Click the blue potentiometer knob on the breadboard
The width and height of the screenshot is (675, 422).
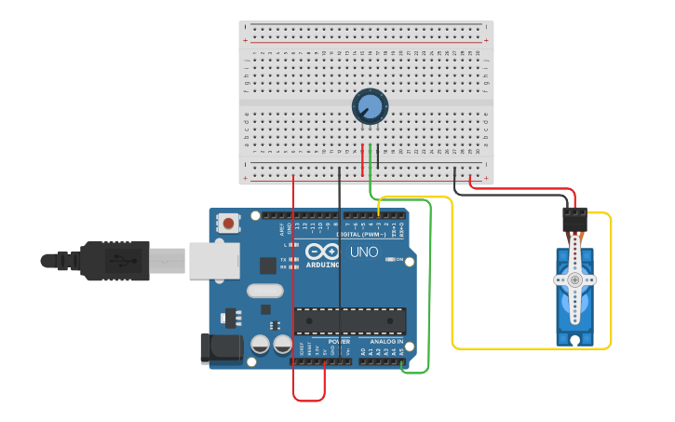(x=370, y=106)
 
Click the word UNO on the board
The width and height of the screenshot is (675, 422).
(x=363, y=252)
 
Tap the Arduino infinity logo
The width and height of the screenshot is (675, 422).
(x=321, y=252)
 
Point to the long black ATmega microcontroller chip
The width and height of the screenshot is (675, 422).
(x=350, y=320)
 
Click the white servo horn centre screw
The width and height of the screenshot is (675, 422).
(x=574, y=279)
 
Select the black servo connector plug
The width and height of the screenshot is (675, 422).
(x=574, y=220)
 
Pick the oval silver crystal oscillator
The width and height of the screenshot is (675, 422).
(x=264, y=291)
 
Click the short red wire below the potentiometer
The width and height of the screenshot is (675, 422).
(x=362, y=159)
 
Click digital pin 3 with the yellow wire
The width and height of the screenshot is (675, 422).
(x=378, y=215)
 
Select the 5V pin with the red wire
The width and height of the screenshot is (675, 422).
(x=324, y=361)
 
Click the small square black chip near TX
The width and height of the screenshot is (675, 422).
(x=268, y=265)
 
